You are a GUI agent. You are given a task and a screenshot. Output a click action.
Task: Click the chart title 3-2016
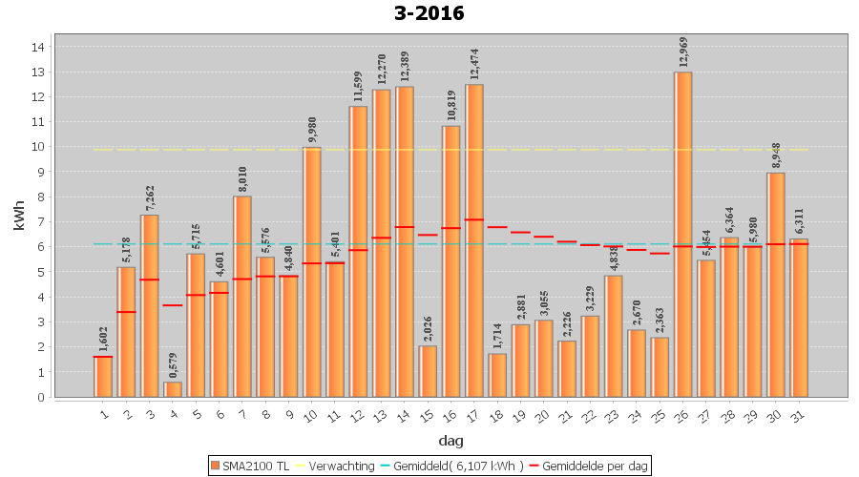pos(429,13)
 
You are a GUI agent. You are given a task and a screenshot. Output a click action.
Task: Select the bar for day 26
pos(683,235)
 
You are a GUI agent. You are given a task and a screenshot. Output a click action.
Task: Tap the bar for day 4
pos(173,389)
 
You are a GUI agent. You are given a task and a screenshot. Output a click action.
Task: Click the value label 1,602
pos(103,338)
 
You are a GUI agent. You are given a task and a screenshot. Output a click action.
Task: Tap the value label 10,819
pos(451,106)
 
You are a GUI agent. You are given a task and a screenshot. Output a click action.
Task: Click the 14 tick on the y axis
pos(39,47)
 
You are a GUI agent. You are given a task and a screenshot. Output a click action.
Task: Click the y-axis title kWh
pos(18,221)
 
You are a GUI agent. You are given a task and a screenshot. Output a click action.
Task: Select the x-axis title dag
pos(451,440)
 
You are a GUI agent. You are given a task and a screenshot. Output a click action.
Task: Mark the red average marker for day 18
pos(497,227)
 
